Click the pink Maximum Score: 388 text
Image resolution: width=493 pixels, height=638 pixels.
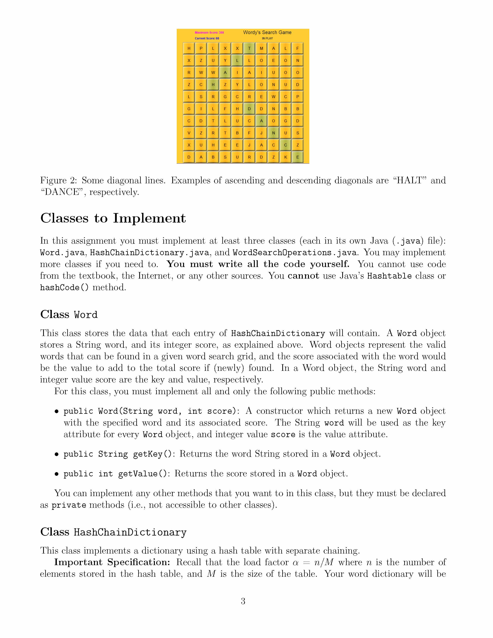(x=209, y=33)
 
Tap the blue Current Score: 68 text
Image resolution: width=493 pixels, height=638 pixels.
(x=207, y=38)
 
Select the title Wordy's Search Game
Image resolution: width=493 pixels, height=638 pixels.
(x=267, y=32)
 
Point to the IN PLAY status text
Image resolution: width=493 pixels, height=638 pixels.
(x=267, y=38)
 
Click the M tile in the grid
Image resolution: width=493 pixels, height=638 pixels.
(x=261, y=49)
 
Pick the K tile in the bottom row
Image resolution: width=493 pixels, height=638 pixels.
(x=285, y=157)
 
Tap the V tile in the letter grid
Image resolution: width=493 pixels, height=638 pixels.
(x=189, y=133)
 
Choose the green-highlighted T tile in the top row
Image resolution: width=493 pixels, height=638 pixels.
(x=249, y=49)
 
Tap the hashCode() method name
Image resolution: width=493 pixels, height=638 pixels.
(x=64, y=288)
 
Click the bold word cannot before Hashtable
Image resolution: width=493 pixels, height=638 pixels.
(x=303, y=276)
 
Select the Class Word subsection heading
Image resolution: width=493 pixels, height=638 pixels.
(x=69, y=315)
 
